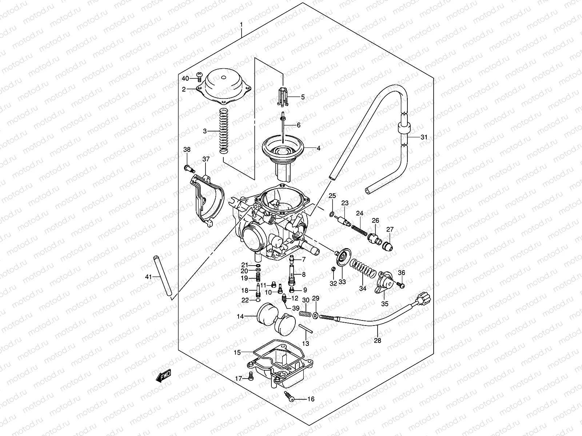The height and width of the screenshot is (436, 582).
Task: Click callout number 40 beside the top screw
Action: pyautogui.click(x=185, y=78)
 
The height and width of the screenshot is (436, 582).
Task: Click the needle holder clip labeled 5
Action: pyautogui.click(x=283, y=97)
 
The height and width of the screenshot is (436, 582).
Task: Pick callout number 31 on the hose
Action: pyautogui.click(x=424, y=137)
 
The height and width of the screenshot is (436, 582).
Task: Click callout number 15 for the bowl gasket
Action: pyautogui.click(x=237, y=352)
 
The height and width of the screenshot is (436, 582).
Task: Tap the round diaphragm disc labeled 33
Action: pyautogui.click(x=343, y=257)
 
